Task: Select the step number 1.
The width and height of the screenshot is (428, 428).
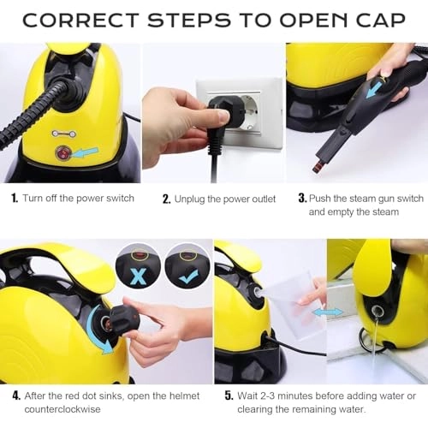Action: [x=15, y=198]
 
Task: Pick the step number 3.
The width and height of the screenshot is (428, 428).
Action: [x=302, y=198]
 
